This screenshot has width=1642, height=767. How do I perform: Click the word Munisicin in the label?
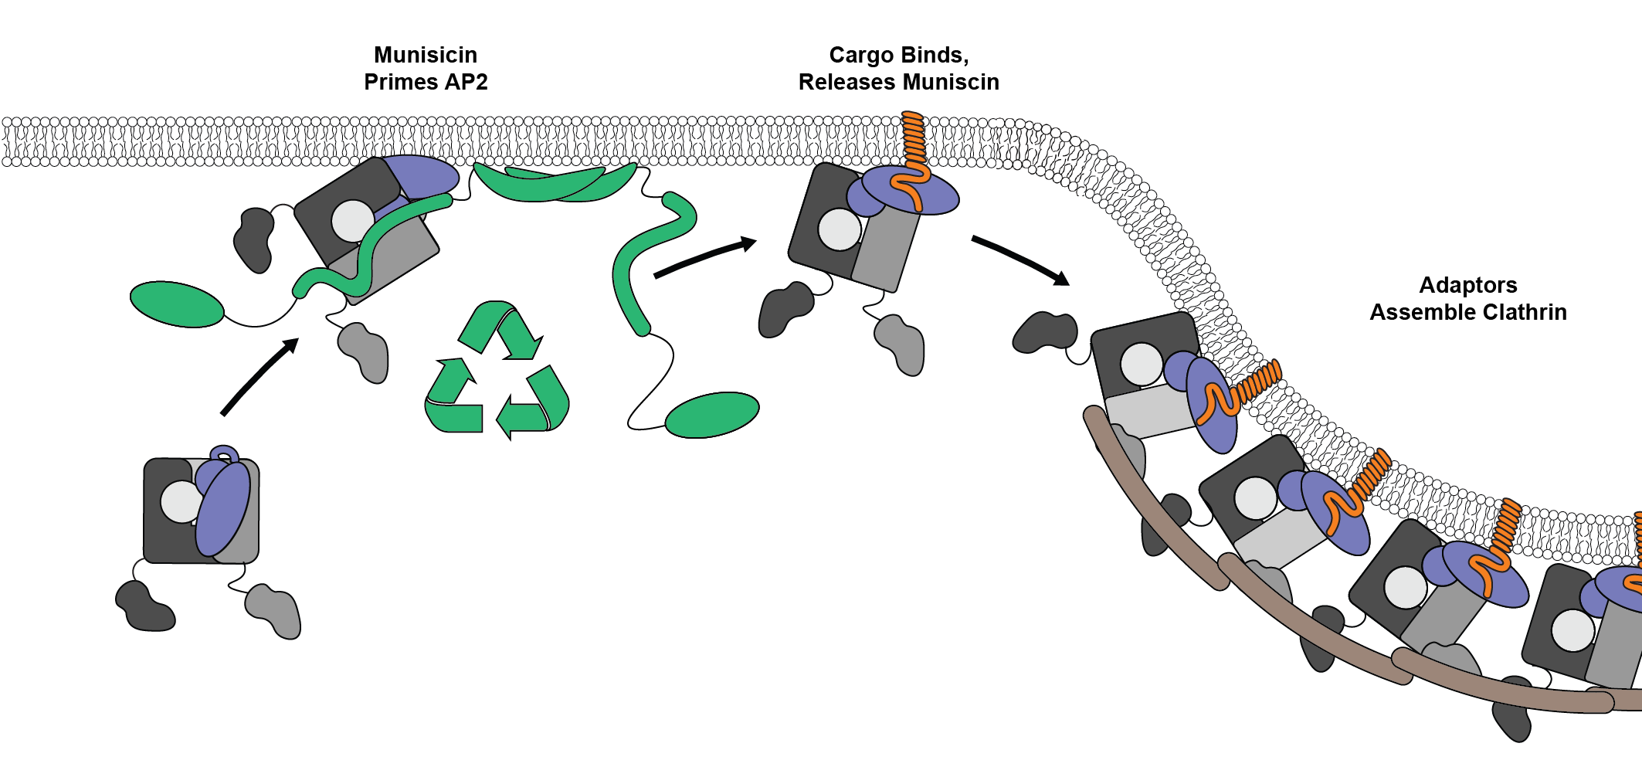[425, 55]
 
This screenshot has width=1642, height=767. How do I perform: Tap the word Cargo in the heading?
[857, 55]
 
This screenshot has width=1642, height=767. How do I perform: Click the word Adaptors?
[1467, 285]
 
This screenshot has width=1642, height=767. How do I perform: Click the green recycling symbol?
[497, 371]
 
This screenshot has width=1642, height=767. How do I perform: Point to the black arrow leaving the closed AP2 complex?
[259, 377]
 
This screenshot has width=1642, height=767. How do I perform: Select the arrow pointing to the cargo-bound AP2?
[704, 258]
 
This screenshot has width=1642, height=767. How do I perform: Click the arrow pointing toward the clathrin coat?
[1019, 260]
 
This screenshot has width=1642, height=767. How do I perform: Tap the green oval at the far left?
[176, 304]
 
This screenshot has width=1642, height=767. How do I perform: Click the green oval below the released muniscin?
[711, 415]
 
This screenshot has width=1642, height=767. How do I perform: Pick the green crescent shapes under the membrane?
[555, 183]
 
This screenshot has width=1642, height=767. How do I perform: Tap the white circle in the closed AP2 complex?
[182, 502]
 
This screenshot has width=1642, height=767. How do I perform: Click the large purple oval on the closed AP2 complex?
[223, 509]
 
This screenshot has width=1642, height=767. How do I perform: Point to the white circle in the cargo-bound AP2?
[839, 229]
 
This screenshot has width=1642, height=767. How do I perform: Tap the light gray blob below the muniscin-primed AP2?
[365, 351]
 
